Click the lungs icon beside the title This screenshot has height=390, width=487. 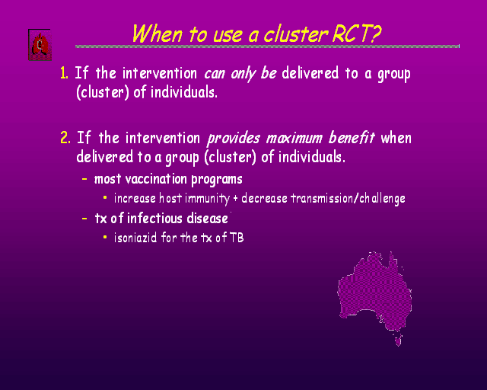click(40, 45)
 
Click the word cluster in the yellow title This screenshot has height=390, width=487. click(296, 34)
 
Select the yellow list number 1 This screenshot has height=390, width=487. click(64, 73)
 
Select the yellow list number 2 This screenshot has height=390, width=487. click(65, 137)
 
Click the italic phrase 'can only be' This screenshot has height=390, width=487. click(240, 74)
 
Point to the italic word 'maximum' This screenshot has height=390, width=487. click(294, 138)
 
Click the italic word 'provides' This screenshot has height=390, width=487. click(234, 139)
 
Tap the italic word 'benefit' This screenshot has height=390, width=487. click(352, 137)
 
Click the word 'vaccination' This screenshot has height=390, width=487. click(156, 179)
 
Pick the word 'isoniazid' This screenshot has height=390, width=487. click(135, 238)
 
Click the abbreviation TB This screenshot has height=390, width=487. click(237, 238)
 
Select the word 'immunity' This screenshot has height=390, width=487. click(207, 199)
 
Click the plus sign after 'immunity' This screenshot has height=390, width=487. click(235, 198)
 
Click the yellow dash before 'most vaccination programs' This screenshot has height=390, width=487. click(84, 179)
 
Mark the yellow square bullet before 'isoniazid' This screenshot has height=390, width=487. click(105, 238)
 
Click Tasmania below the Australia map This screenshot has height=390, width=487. click(398, 340)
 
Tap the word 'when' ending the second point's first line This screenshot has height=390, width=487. click(396, 138)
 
